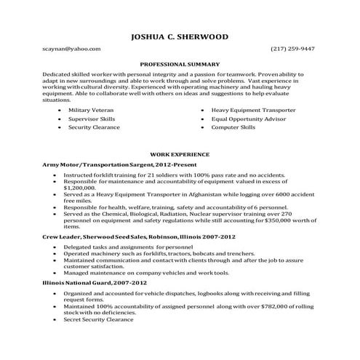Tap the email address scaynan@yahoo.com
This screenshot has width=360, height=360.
click(71, 49)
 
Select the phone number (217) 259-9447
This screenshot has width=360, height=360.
click(292, 49)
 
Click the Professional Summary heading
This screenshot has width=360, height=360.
click(180, 64)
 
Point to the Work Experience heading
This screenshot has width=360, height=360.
click(180, 154)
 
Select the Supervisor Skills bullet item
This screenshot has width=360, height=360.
click(92, 117)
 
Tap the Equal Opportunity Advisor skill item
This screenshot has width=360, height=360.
click(249, 117)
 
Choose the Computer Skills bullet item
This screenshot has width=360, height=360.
click(233, 127)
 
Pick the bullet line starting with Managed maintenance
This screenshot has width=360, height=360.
click(136, 273)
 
